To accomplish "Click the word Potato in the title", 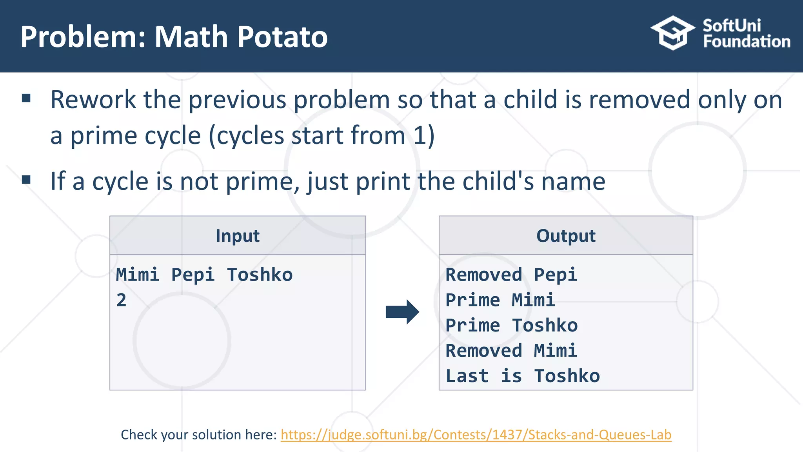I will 282,37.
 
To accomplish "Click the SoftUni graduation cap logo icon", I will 672,33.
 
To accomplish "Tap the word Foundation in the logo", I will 747,42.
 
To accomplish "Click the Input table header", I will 238,236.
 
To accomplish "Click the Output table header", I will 566,236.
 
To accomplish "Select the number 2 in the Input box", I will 122,300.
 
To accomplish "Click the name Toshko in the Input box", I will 260,275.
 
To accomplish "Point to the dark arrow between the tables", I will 402,312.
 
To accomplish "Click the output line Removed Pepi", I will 511,275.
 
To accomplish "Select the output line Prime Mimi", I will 500,300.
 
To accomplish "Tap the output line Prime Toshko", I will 511,326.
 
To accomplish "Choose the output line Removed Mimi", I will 511,351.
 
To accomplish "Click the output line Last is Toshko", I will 522,376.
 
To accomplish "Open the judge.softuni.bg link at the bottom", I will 476,435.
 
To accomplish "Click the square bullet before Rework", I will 26,98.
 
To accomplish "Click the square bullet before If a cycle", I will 26,180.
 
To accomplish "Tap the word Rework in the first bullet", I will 93,100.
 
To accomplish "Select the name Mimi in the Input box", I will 137,275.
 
